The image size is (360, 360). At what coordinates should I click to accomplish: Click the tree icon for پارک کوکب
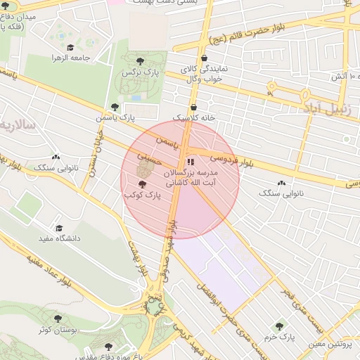click(x=142, y=184)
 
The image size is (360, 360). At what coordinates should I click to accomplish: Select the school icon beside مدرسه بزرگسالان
click(x=191, y=162)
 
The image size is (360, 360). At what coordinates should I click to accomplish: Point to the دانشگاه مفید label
click(x=59, y=239)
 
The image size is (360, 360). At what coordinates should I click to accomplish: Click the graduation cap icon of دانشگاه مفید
click(x=59, y=229)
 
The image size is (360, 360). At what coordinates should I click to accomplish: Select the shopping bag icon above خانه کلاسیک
click(x=193, y=107)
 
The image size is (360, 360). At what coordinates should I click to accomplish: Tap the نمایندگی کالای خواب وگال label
click(x=204, y=75)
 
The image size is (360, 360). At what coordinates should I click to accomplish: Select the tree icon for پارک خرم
click(x=280, y=326)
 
